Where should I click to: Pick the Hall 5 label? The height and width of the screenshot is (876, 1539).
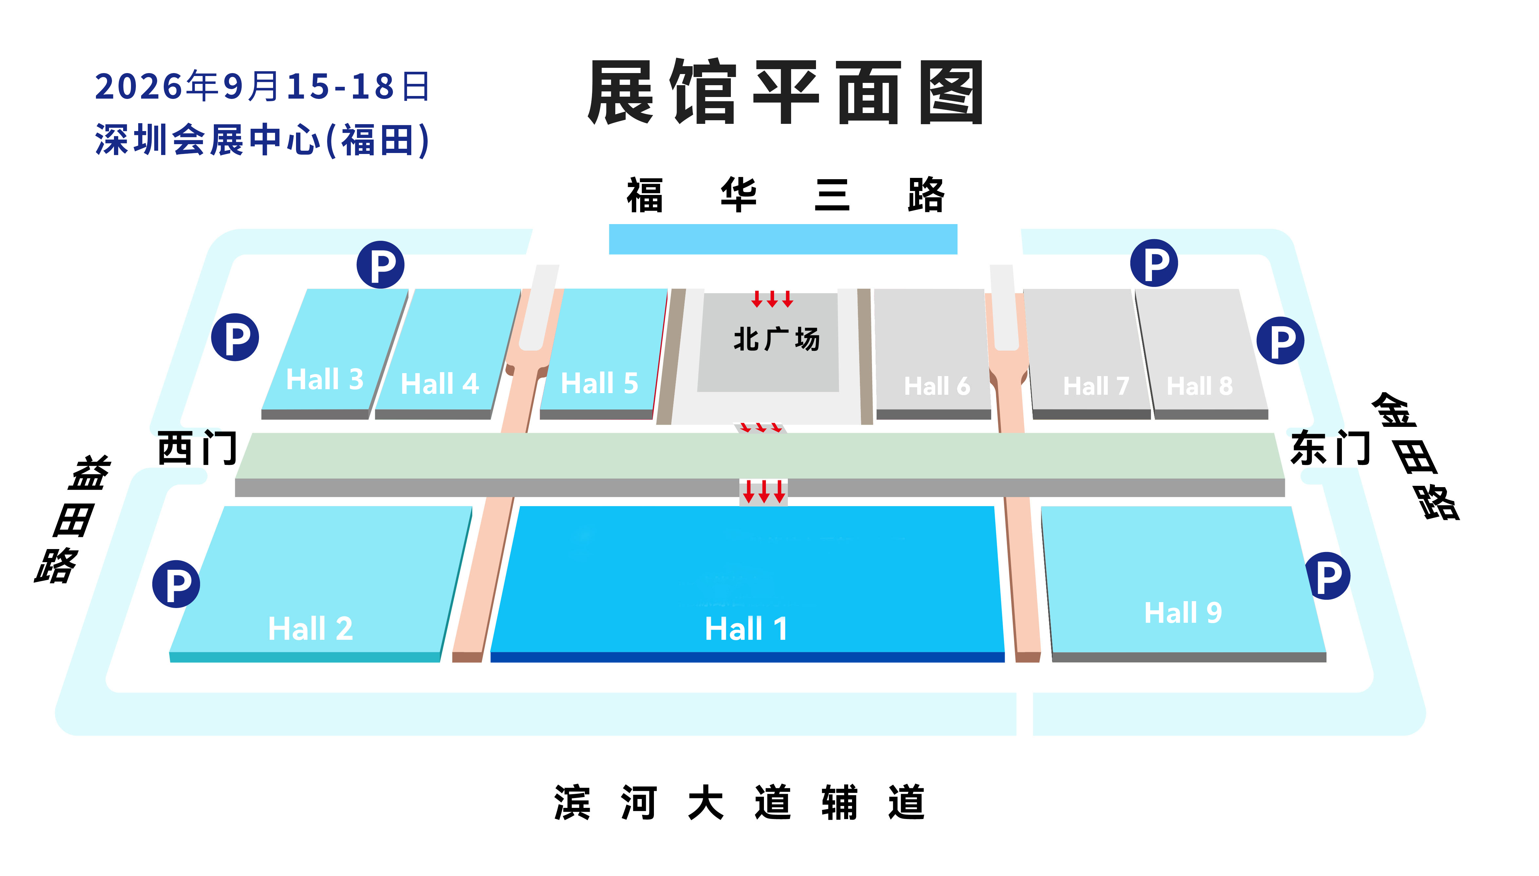click(599, 383)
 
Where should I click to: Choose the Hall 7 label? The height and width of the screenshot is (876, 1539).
click(1096, 386)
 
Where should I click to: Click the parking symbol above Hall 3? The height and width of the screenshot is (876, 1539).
click(380, 265)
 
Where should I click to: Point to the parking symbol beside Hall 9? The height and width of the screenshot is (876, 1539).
click(1328, 576)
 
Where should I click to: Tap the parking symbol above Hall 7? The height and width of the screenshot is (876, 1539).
click(1154, 263)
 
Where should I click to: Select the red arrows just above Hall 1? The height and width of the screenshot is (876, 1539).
click(764, 491)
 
